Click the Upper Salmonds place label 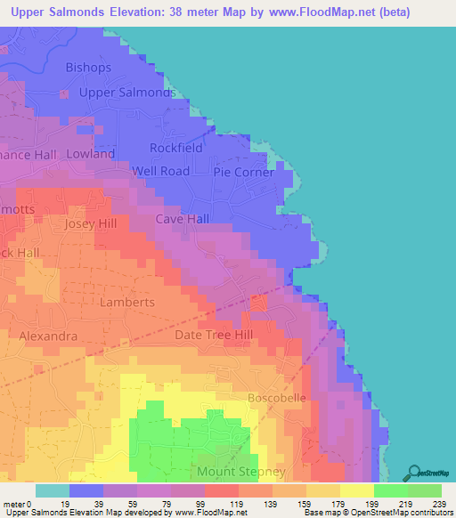[126, 93]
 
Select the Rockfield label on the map [176, 148]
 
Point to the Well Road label [161, 171]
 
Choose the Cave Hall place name [183, 219]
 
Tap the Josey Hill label [91, 224]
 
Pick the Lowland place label [90, 154]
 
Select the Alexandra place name [48, 336]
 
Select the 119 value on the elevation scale [221, 504]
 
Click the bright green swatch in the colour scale [390, 490]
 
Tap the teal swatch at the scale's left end [53, 490]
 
